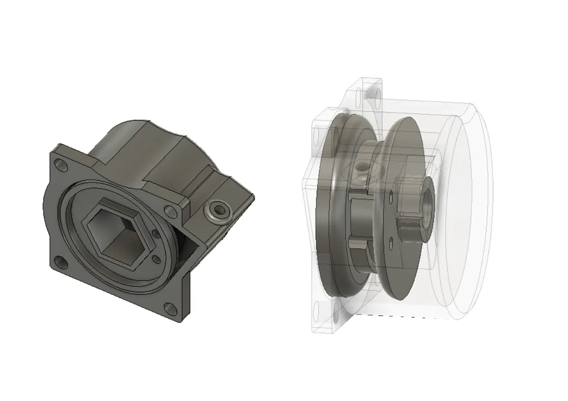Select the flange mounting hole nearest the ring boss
click(x=169, y=210)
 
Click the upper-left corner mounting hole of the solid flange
click(x=60, y=165)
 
